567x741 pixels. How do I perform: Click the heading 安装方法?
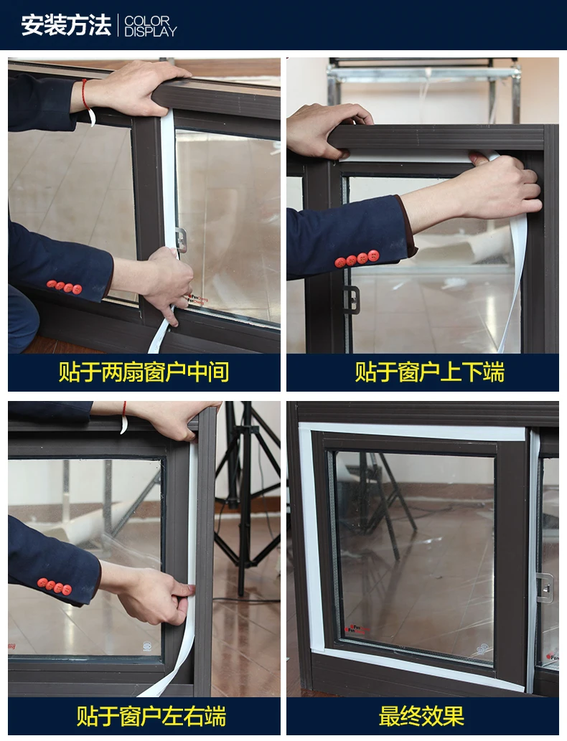[66, 25]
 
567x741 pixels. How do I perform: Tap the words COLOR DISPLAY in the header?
[150, 27]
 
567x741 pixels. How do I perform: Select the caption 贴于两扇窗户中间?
[144, 372]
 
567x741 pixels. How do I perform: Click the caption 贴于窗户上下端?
[430, 372]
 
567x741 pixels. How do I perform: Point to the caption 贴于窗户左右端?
[151, 716]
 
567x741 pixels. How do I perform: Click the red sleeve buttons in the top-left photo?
[65, 286]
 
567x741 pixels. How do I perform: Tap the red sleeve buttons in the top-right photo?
[357, 259]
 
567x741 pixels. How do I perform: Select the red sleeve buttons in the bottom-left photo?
[55, 586]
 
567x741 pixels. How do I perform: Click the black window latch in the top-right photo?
[351, 300]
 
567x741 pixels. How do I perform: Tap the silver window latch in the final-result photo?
[545, 587]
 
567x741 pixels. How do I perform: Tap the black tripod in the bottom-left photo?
[246, 496]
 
